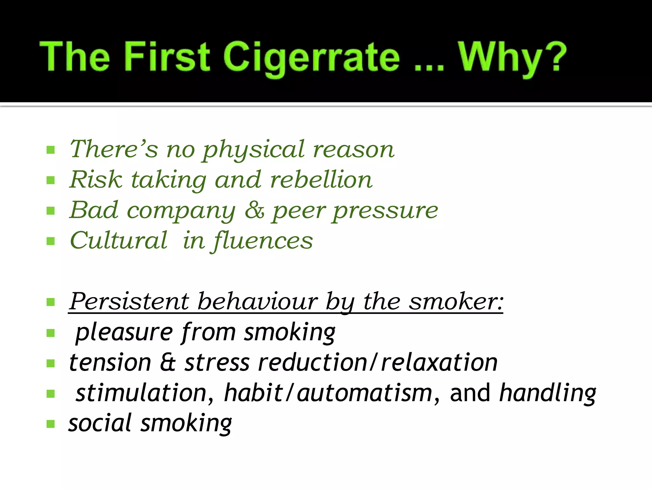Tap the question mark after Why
pos(555,57)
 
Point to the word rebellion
pos(321,180)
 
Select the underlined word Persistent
pos(129,301)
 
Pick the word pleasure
pos(124,332)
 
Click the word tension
pos(110,363)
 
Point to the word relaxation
pos(439,363)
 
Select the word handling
pos(548,393)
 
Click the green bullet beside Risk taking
pos(51,181)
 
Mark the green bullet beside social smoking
pos(51,424)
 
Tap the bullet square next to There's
pos(51,150)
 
